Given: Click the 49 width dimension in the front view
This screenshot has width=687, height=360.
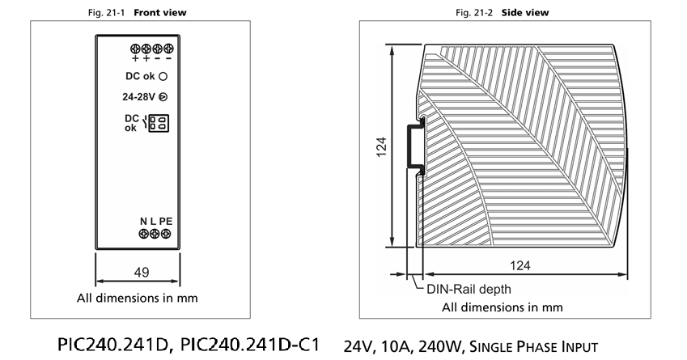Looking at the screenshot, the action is pos(142,273).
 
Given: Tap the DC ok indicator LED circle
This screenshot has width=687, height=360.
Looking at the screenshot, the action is pos(163,76).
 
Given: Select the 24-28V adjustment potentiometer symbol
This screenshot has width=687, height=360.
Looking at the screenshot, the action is pos(163,97).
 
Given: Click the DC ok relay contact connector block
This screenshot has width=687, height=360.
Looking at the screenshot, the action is pos(159,123).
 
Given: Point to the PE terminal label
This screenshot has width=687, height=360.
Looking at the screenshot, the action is pos(166,221).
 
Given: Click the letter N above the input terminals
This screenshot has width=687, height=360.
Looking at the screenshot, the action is pos(143,221).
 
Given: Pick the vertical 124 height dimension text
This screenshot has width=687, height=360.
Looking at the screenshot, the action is pos(381,147).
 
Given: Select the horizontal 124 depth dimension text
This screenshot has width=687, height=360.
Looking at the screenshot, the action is pos(520,265).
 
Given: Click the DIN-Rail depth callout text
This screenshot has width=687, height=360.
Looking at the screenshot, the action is pos(469,289).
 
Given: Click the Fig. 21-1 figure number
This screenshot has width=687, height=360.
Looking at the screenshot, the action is pos(107,13).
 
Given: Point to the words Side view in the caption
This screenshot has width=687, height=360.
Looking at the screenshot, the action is pos(525,13).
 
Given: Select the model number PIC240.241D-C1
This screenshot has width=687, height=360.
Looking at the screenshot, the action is pos(250,345).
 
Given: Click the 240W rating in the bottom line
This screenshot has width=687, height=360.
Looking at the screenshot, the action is pos(440,347).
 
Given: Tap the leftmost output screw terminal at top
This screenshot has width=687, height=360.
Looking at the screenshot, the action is pos(135,49).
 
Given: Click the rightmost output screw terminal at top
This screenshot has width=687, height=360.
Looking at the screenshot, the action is pos(168,49).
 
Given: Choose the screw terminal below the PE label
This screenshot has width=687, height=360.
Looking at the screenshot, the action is pos(166,234).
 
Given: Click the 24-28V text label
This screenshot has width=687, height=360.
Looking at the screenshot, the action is pos(138,97).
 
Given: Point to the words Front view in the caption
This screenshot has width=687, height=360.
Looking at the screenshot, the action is pos(160,13).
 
